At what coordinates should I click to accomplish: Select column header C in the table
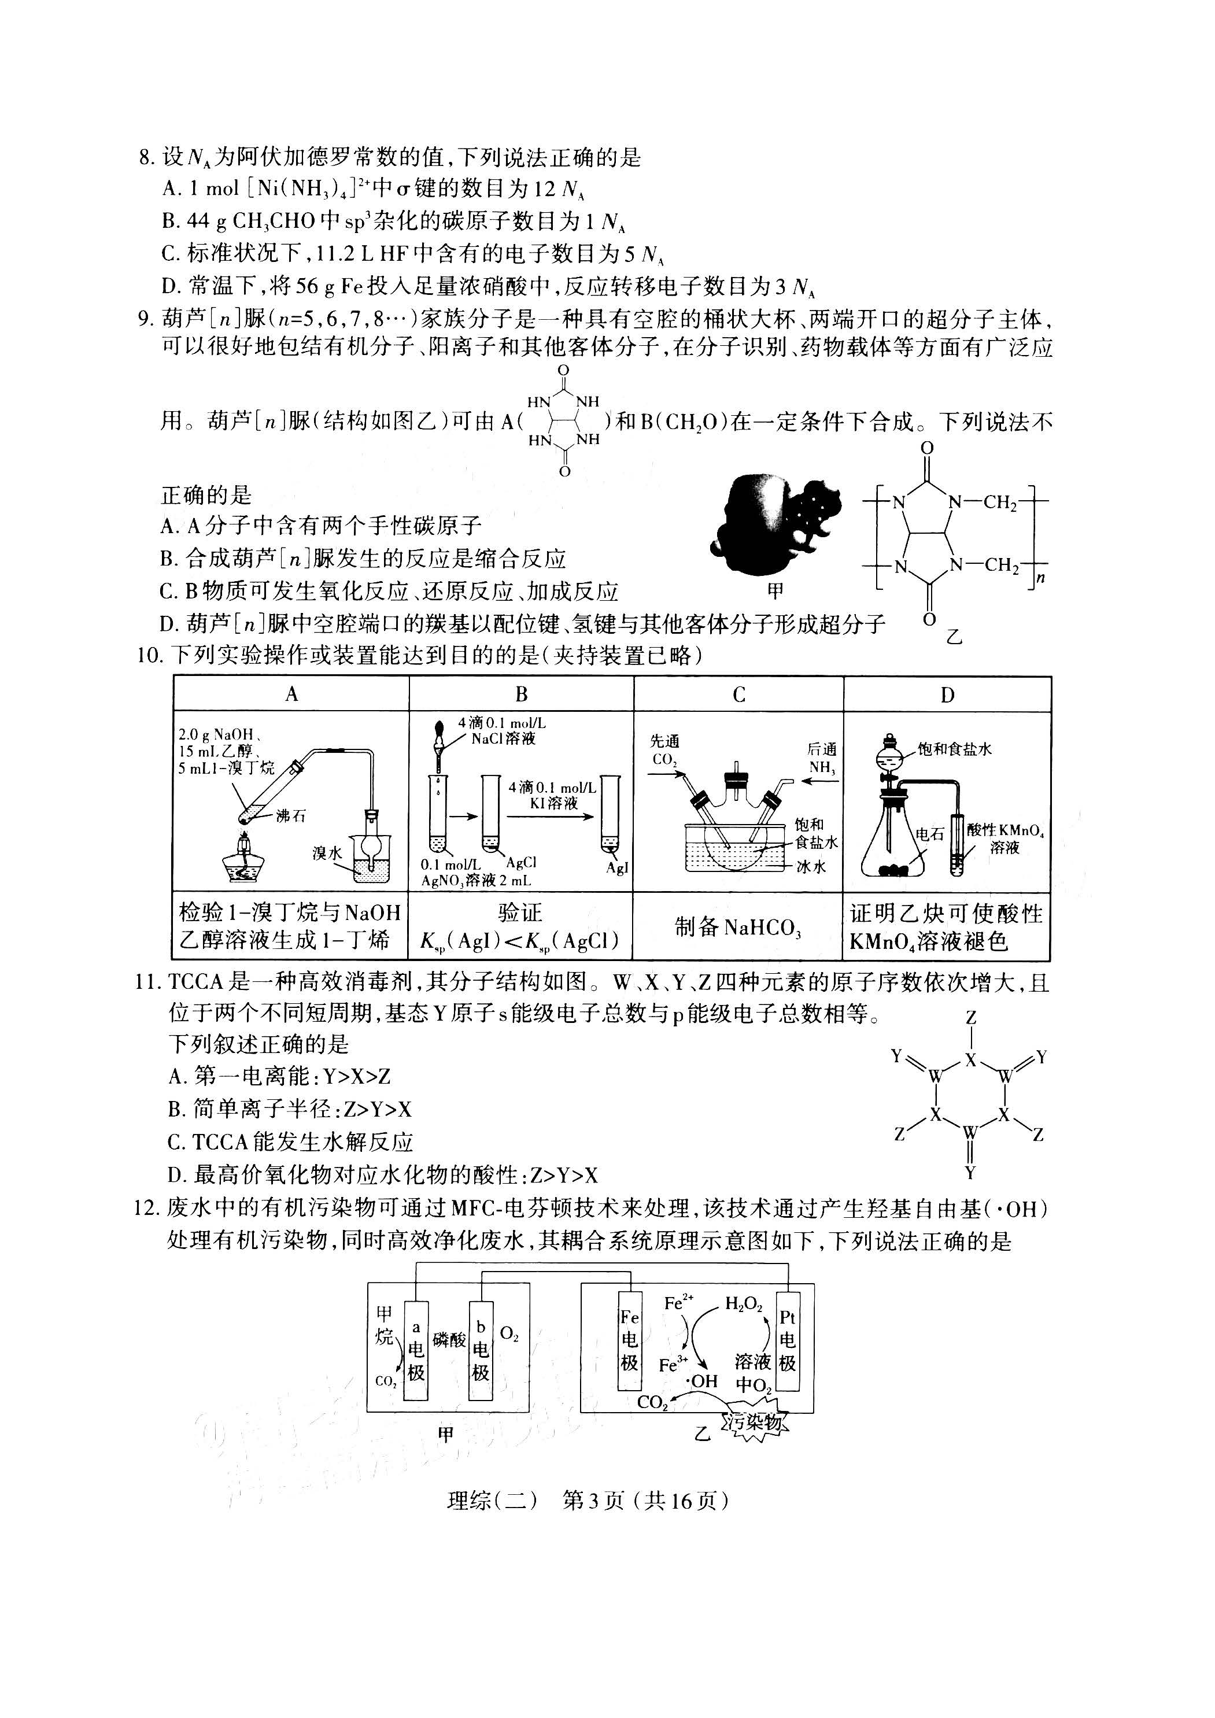(x=738, y=694)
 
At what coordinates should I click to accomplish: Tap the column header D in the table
(x=947, y=694)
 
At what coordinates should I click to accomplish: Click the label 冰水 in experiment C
(x=810, y=866)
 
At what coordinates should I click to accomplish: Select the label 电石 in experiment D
(x=930, y=834)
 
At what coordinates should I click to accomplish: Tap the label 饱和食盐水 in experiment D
(x=954, y=749)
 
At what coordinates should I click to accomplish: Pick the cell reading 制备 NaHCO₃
(x=738, y=927)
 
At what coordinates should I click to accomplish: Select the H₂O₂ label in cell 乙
(x=743, y=1305)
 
